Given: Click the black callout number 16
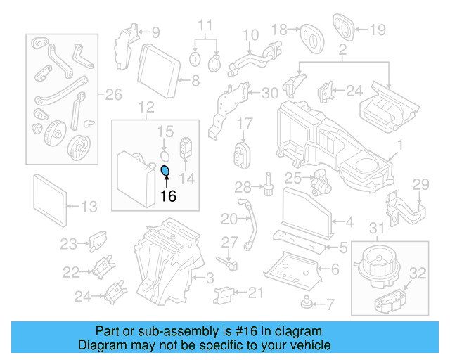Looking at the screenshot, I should click(168, 197).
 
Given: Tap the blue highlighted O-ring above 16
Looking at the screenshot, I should click(165, 171).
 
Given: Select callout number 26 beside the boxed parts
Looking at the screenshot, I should click(113, 94).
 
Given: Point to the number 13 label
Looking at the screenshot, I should click(89, 207).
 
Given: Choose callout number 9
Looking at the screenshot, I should click(155, 32).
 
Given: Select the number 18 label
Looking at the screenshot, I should click(279, 30).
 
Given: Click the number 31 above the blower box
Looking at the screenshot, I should click(378, 227).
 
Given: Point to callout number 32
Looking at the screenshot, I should click(417, 274).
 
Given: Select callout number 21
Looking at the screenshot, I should click(254, 293).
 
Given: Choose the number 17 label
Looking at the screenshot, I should click(244, 124).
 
